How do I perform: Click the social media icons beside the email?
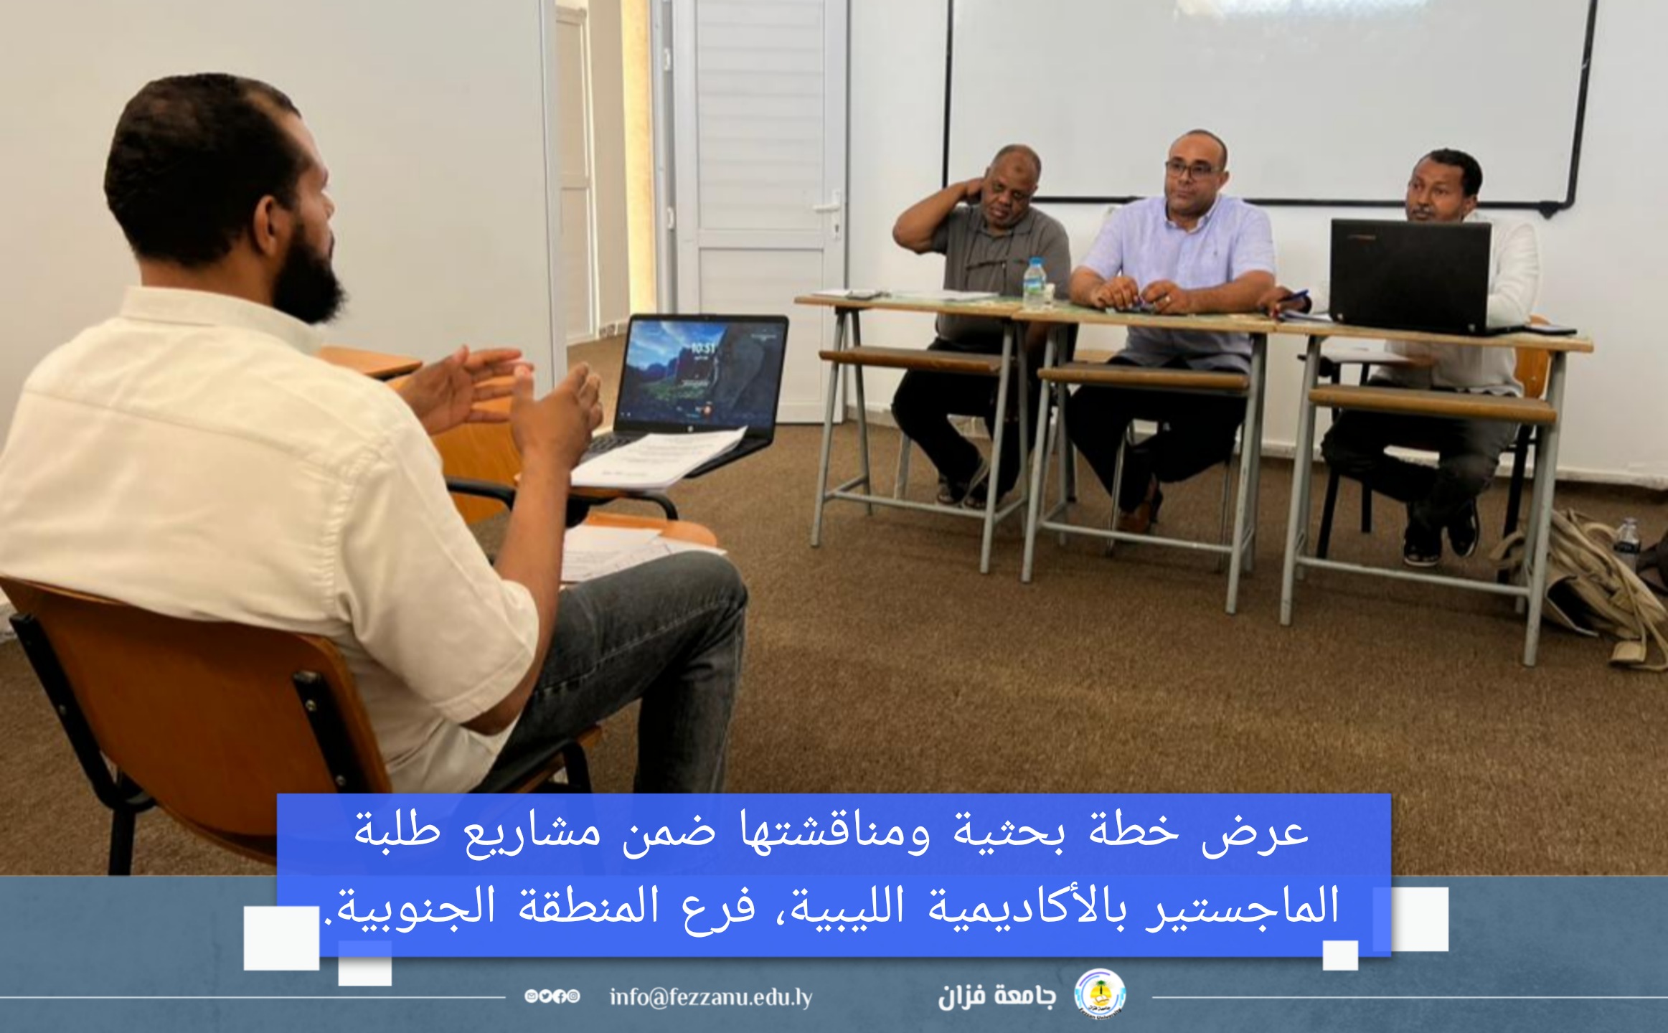pos(552,997)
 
